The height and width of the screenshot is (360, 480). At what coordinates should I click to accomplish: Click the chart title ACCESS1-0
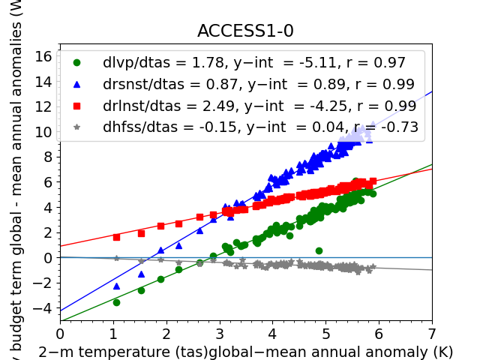(x=245, y=31)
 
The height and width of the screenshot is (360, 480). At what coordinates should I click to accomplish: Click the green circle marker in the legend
(x=76, y=63)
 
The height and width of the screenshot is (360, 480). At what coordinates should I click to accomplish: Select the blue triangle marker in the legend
(x=76, y=85)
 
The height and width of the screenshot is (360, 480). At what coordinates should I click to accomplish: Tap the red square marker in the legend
(x=76, y=106)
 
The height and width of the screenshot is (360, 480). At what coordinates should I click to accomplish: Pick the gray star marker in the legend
(x=76, y=127)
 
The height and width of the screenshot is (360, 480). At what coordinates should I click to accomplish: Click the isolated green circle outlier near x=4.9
(x=319, y=250)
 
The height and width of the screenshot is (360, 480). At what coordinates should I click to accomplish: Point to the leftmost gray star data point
(x=116, y=258)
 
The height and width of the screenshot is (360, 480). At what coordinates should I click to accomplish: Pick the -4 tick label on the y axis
(x=43, y=308)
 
